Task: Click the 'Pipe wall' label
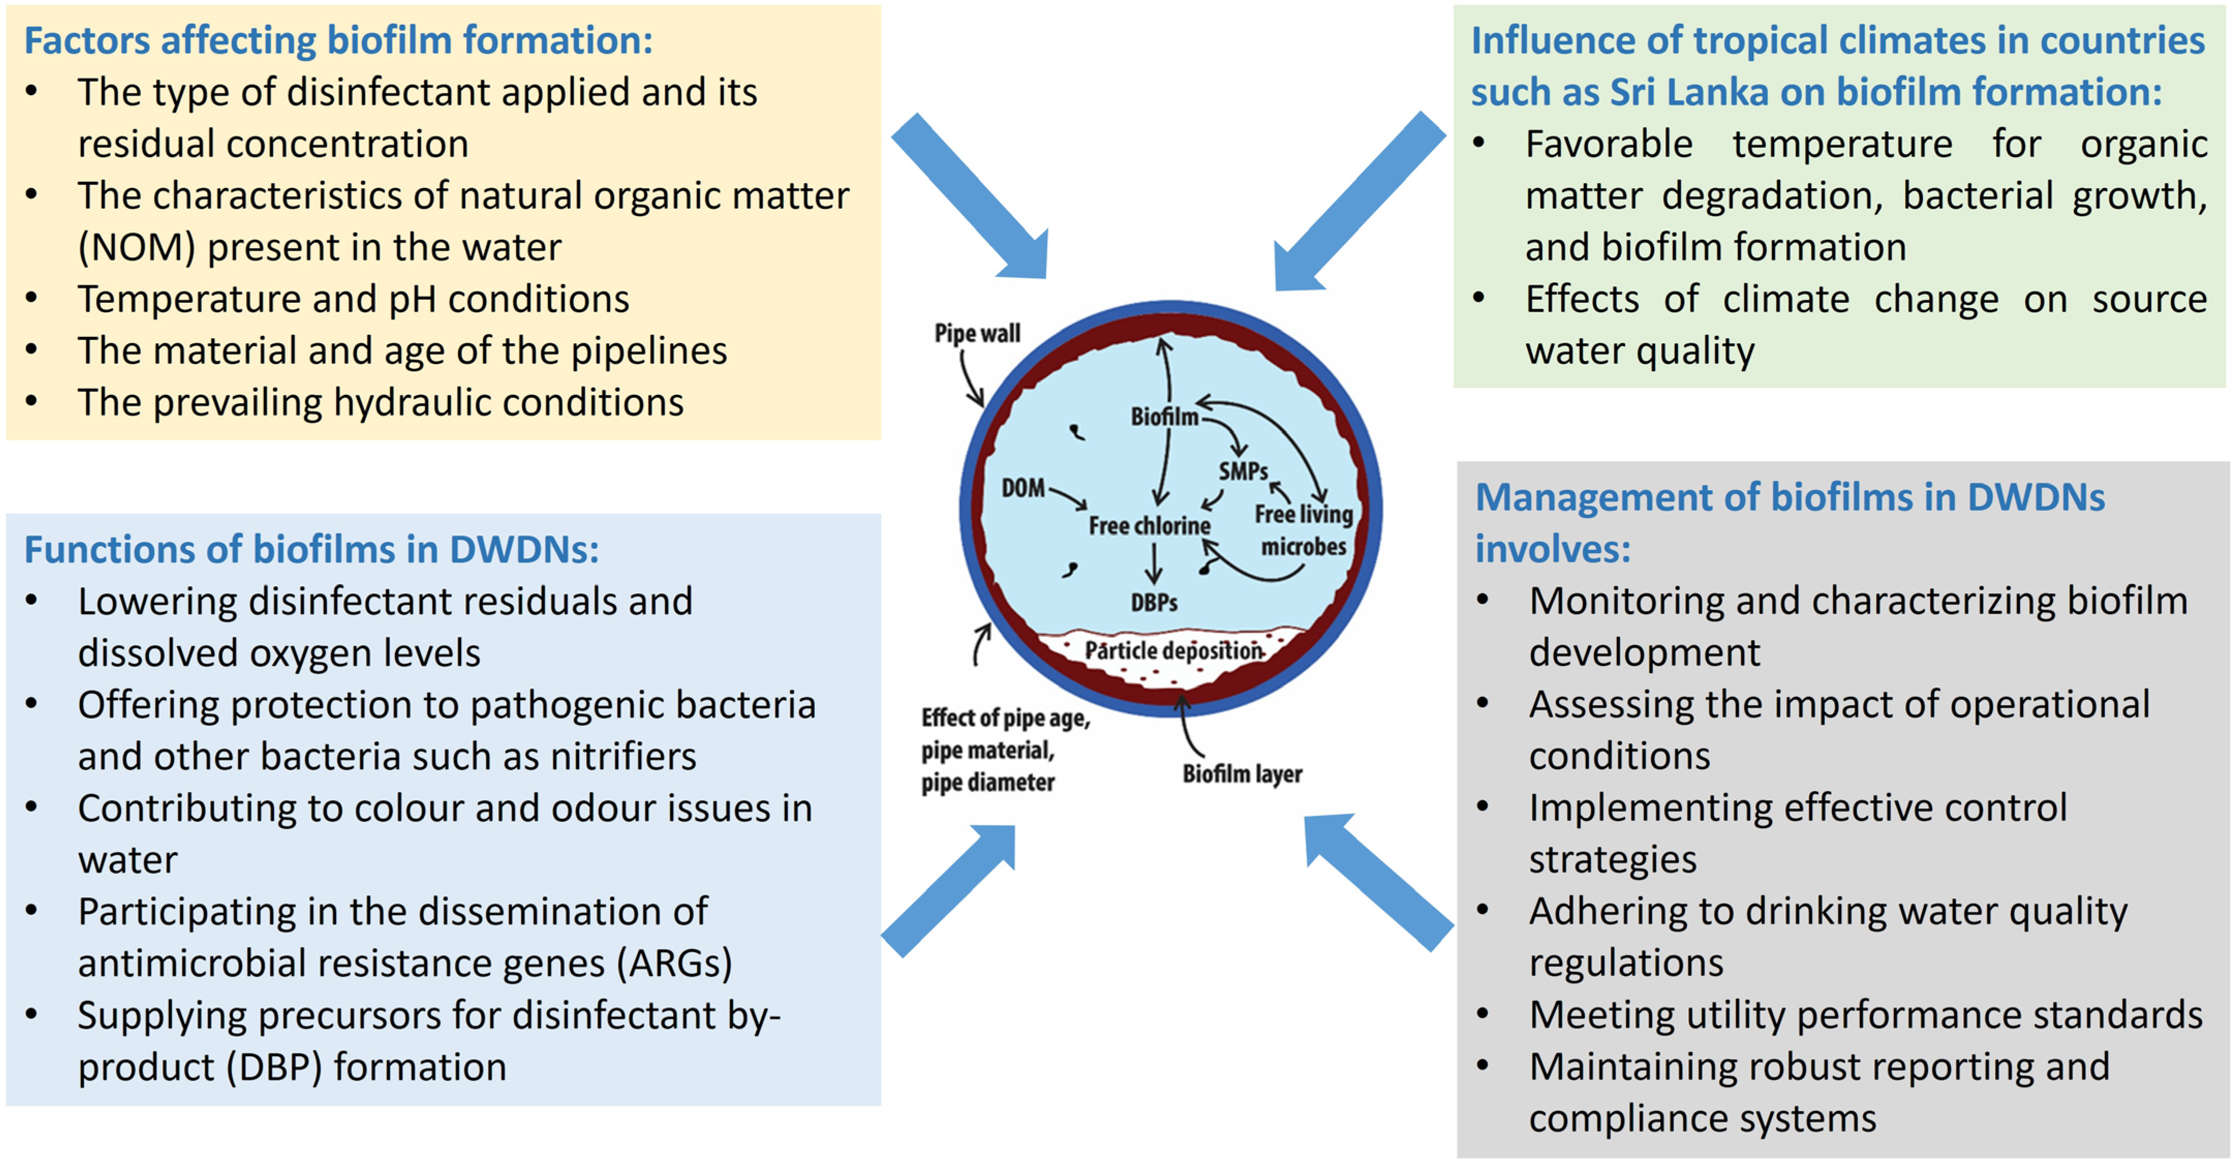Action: click(977, 333)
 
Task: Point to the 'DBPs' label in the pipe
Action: click(1154, 602)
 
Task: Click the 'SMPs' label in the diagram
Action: click(1243, 471)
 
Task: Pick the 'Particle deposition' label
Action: click(1173, 651)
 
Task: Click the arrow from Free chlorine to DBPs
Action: click(1153, 564)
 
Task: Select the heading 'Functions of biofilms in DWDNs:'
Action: click(312, 549)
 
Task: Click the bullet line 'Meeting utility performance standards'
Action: click(1865, 1015)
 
